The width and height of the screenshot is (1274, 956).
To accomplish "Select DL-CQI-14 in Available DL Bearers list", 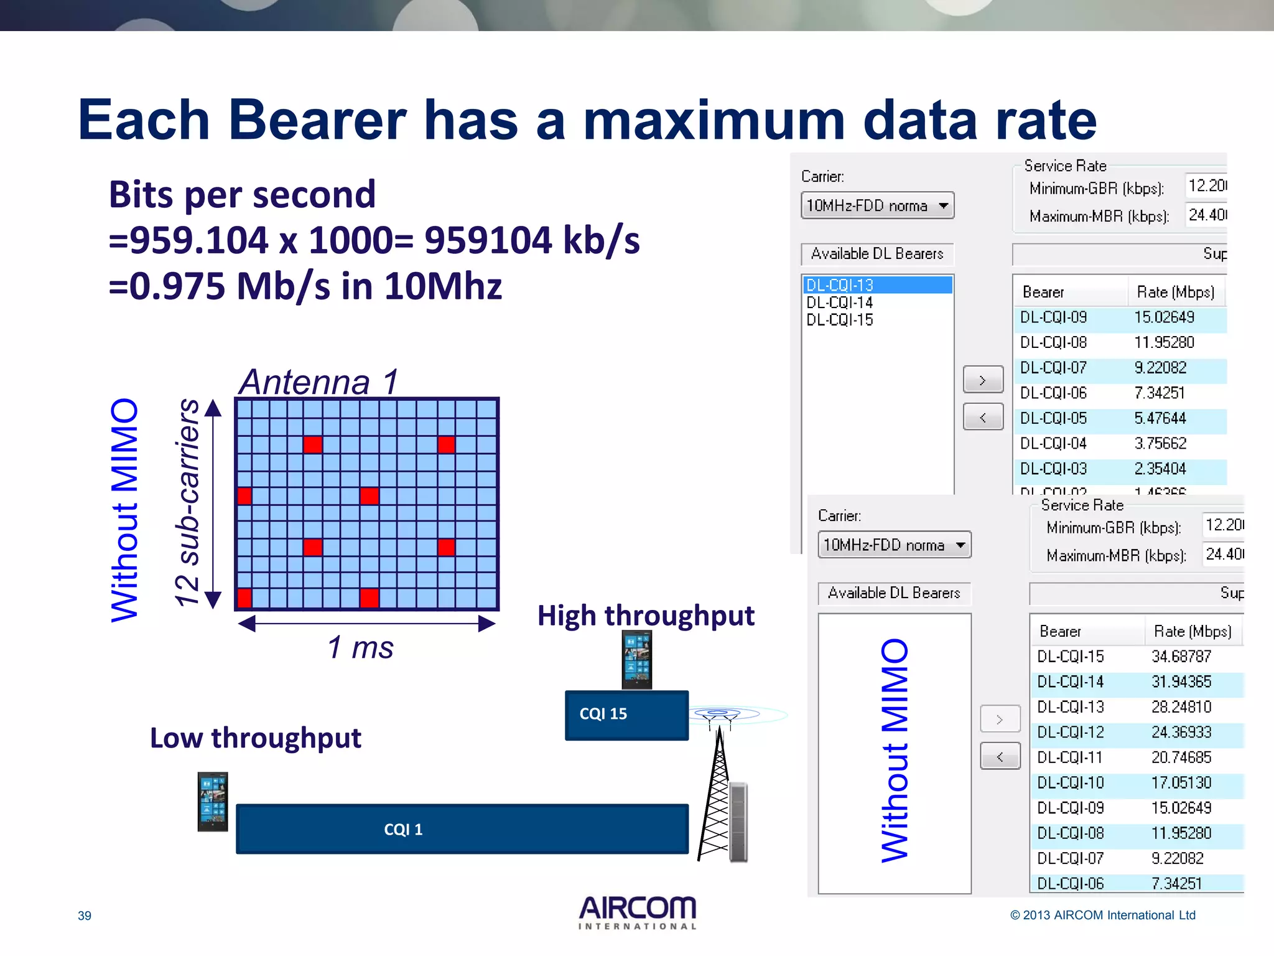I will (x=840, y=302).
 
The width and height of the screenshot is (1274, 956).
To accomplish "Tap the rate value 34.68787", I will (x=1181, y=657).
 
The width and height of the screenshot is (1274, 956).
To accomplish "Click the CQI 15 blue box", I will (x=626, y=715).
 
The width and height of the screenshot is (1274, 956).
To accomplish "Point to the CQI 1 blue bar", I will (x=462, y=829).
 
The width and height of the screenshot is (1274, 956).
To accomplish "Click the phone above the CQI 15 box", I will (x=637, y=659).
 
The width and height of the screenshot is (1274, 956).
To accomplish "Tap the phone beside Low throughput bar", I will (x=213, y=802).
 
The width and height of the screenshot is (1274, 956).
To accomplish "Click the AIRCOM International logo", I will (x=637, y=912).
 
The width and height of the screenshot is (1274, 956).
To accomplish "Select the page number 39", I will (x=85, y=916).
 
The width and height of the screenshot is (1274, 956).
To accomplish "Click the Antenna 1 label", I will (x=318, y=382).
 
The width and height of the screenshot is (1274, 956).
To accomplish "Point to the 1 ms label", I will (x=360, y=647).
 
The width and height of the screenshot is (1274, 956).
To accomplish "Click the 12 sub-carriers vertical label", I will (x=187, y=503).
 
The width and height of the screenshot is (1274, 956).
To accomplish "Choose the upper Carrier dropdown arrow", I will (x=944, y=206).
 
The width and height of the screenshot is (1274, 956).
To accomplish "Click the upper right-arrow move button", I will (x=983, y=380).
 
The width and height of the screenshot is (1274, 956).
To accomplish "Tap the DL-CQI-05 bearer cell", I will (x=1053, y=418).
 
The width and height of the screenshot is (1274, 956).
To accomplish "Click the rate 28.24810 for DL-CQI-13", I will (x=1181, y=707).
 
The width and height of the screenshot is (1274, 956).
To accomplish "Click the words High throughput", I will (x=646, y=616).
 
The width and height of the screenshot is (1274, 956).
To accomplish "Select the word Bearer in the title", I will (x=317, y=119).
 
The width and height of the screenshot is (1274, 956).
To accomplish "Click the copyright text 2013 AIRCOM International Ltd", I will (x=1102, y=915).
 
